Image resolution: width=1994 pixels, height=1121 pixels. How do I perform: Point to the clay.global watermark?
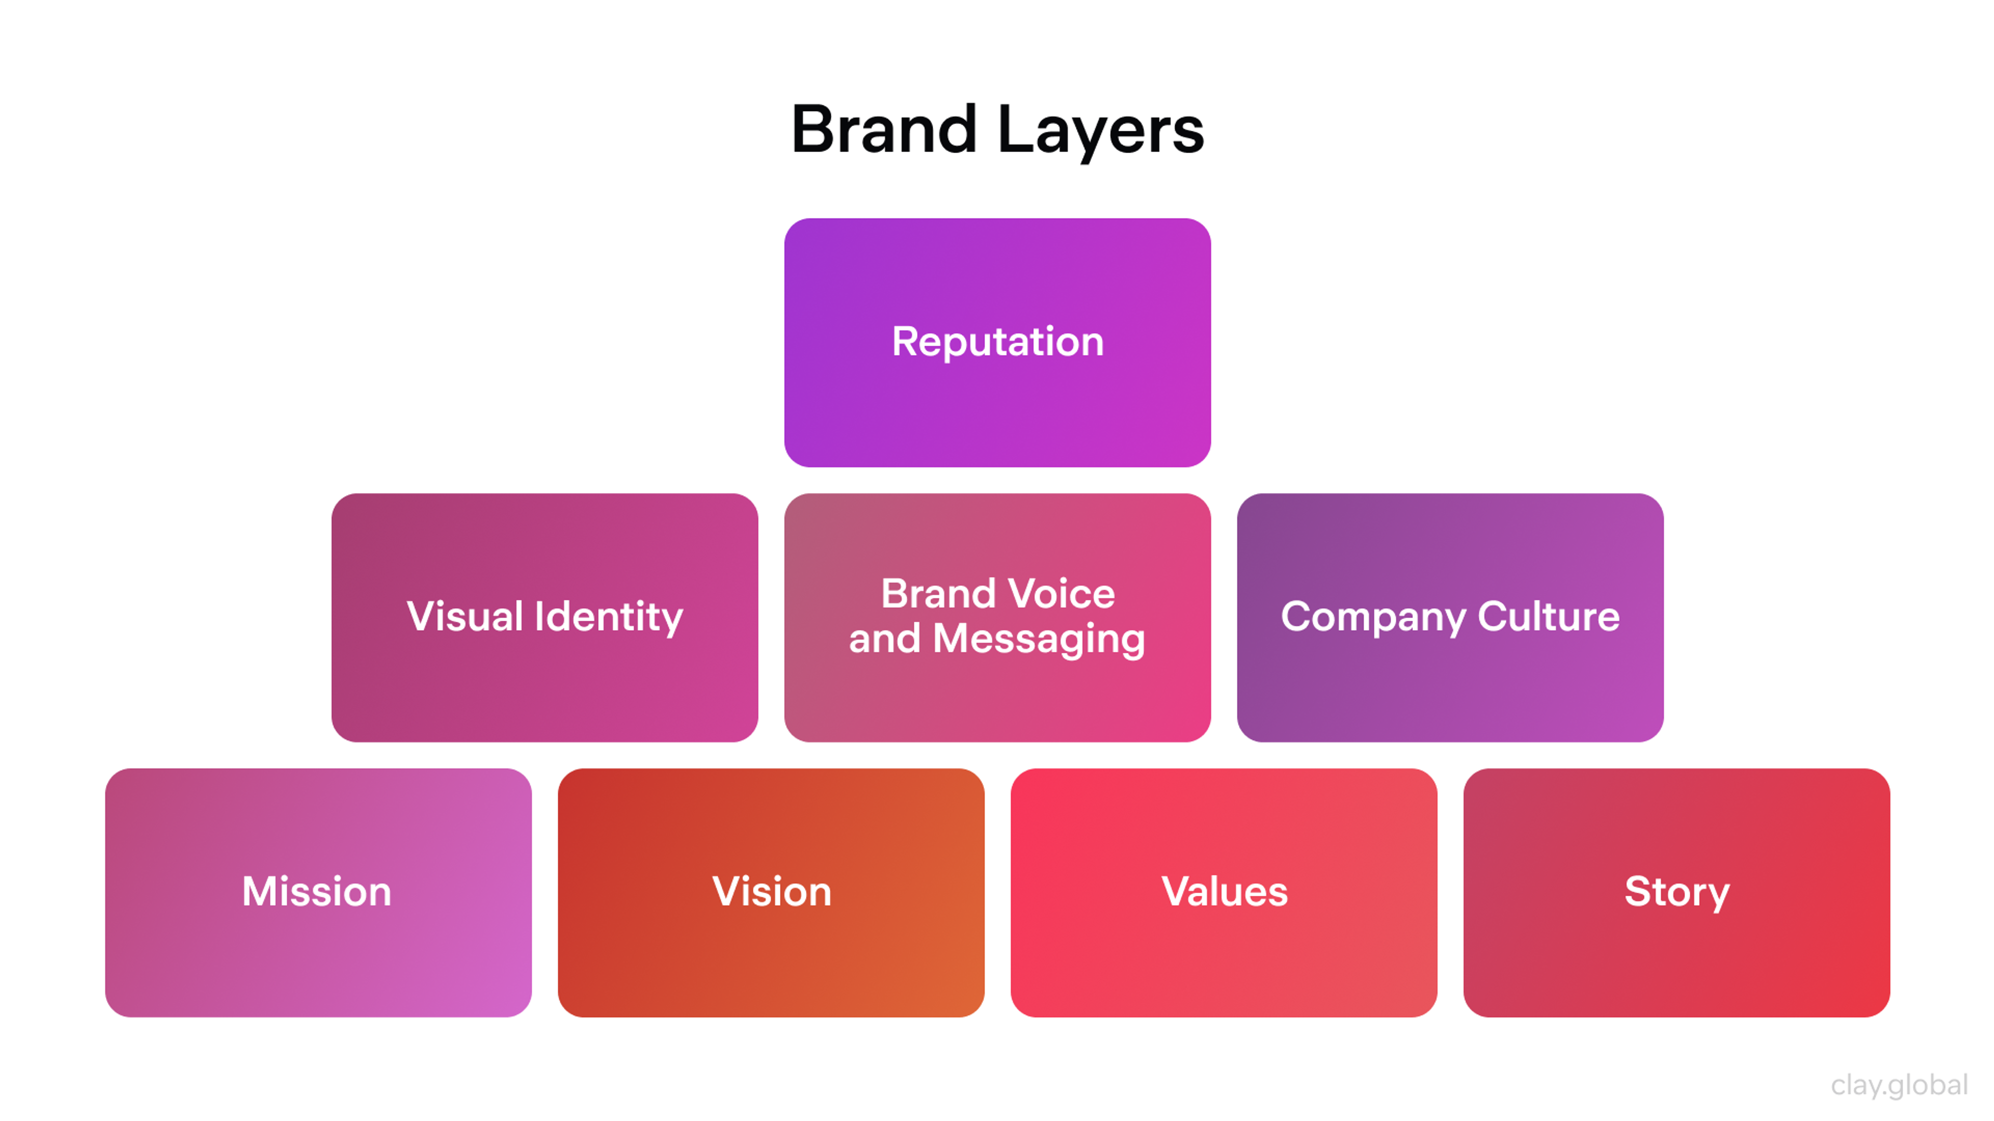click(x=1899, y=1085)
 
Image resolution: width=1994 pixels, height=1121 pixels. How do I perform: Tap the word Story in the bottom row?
click(x=1677, y=892)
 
